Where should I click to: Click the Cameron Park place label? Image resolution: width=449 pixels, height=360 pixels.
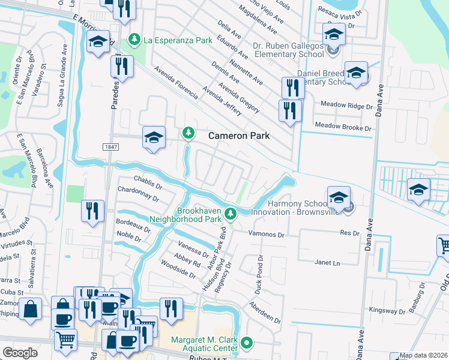tap(238, 136)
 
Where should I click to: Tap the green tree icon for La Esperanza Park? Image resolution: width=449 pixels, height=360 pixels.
tap(134, 40)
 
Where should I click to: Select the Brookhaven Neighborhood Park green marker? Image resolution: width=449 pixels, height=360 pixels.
tap(230, 213)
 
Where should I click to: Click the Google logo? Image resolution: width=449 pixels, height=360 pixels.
tap(19, 353)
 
